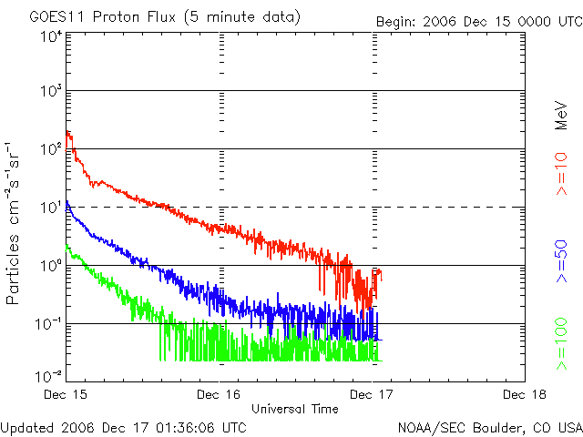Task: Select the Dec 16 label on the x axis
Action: coord(220,394)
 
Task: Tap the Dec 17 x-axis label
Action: coord(372,394)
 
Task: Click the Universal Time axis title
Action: coord(295,409)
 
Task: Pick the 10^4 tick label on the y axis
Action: coord(51,36)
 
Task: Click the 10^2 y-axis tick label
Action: coord(51,150)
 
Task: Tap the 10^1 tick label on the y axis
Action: coord(51,208)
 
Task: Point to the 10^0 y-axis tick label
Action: coord(51,266)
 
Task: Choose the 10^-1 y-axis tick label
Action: coord(49,324)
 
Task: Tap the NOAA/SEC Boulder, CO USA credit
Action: coord(490,427)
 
